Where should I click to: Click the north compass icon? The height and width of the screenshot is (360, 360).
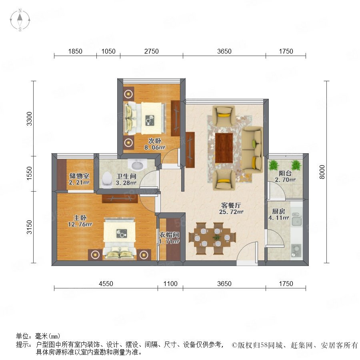[x=20, y=20]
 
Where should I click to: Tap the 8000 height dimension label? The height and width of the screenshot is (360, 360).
[x=322, y=172]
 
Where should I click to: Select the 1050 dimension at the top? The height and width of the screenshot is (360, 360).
[x=108, y=51]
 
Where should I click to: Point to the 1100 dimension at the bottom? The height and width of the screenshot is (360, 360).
[x=170, y=284]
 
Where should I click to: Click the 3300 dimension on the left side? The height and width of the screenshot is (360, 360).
[x=29, y=119]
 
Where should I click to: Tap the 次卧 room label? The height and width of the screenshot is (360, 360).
[x=155, y=140]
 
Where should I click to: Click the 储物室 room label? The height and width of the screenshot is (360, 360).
[x=80, y=176]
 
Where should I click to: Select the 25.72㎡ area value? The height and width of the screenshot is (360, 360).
[x=231, y=212]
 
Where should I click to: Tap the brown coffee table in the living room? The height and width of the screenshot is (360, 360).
[x=224, y=148]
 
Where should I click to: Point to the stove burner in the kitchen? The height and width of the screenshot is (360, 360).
[x=296, y=249]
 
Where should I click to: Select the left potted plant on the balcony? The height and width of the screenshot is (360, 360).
[x=274, y=165]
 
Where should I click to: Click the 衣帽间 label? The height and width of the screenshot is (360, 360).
[x=169, y=235]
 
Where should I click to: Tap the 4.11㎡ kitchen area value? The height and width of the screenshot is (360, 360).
[x=279, y=218]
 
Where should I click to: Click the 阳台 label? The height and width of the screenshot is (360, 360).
[x=285, y=173]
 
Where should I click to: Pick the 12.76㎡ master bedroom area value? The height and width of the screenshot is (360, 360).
[x=80, y=224]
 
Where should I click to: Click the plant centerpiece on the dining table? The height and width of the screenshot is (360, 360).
[x=216, y=237]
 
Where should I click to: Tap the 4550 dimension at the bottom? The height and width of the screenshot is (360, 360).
[x=106, y=284]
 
